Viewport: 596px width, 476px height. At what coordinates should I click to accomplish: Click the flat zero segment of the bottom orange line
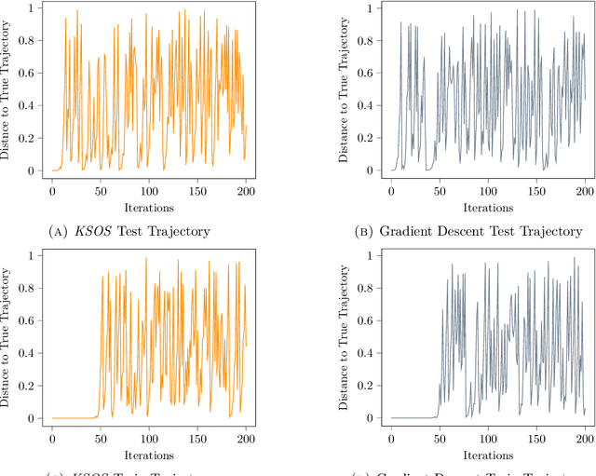[x=74, y=417]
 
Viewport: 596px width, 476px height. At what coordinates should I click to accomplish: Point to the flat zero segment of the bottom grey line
[x=413, y=417]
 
